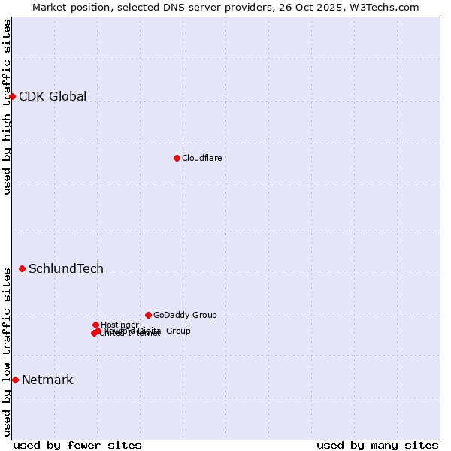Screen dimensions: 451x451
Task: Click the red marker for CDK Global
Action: [12, 96]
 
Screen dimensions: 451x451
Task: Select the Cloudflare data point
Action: [177, 158]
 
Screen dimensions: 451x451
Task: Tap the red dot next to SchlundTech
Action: [22, 268]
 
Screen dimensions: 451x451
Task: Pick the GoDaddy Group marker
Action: [148, 315]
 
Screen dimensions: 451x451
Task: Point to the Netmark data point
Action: [15, 380]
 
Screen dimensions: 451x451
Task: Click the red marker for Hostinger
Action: [95, 325]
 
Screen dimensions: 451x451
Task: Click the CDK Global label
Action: [53, 96]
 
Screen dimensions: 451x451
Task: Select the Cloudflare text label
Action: [201, 158]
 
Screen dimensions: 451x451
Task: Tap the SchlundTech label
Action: [66, 268]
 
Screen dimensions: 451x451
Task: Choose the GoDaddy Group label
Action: [185, 315]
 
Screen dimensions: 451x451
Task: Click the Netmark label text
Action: [47, 380]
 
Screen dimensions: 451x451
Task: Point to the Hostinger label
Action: [120, 325]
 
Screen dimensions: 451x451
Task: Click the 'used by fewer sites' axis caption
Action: [77, 445]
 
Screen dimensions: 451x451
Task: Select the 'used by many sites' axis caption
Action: [377, 445]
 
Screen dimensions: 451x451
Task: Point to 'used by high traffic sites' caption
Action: [7, 107]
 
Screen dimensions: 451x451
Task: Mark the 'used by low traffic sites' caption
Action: [7, 352]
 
